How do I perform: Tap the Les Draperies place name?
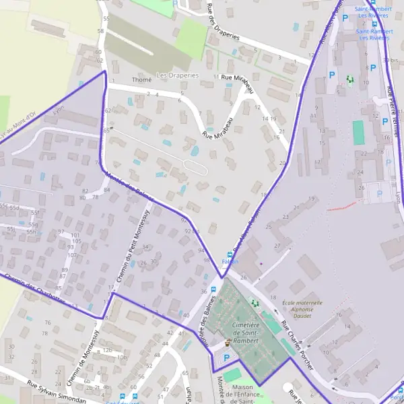(x=178, y=75)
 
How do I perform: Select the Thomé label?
(x=142, y=79)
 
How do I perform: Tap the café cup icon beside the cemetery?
(x=227, y=342)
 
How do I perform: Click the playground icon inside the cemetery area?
(x=254, y=304)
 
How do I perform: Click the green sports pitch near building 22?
(x=358, y=133)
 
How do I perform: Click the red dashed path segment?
(x=342, y=205)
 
